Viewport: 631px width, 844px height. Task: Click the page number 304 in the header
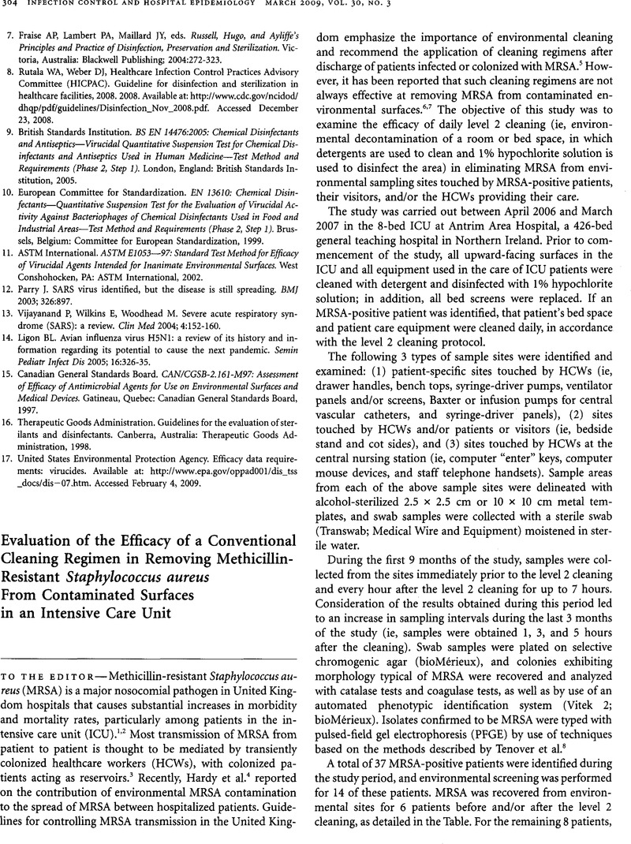tap(15, 9)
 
